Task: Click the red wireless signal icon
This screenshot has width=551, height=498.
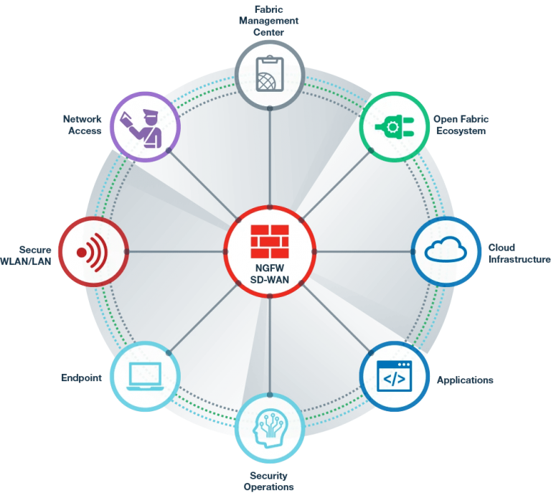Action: pyautogui.click(x=93, y=251)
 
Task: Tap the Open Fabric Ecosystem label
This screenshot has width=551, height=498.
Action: pyautogui.click(x=461, y=125)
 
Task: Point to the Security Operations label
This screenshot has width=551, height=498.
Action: pyautogui.click(x=270, y=481)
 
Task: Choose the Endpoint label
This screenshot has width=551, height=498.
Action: pyautogui.click(x=81, y=377)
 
